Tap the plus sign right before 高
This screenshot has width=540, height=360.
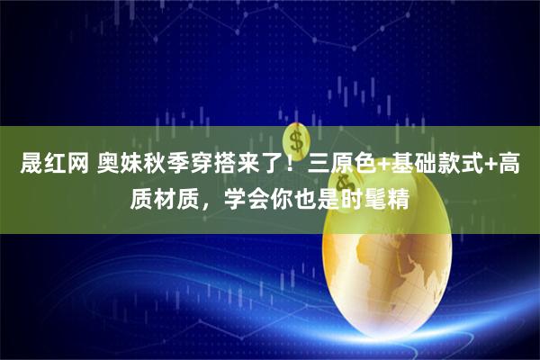(x=493, y=165)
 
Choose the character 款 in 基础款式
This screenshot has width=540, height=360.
(x=447, y=165)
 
